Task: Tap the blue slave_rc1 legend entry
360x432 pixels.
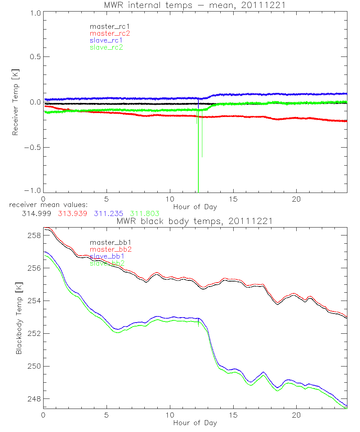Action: (x=106, y=40)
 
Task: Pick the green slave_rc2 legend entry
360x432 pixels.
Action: (x=106, y=47)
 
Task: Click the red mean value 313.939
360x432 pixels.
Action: (x=72, y=213)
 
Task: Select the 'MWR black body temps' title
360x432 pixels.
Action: (x=195, y=221)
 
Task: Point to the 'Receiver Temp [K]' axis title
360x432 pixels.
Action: (x=15, y=102)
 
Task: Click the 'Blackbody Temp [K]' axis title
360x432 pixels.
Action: (x=19, y=318)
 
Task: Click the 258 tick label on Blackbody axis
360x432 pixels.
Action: (x=33, y=235)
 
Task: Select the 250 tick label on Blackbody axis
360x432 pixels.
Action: (x=33, y=366)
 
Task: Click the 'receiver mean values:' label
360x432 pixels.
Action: (x=46, y=205)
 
